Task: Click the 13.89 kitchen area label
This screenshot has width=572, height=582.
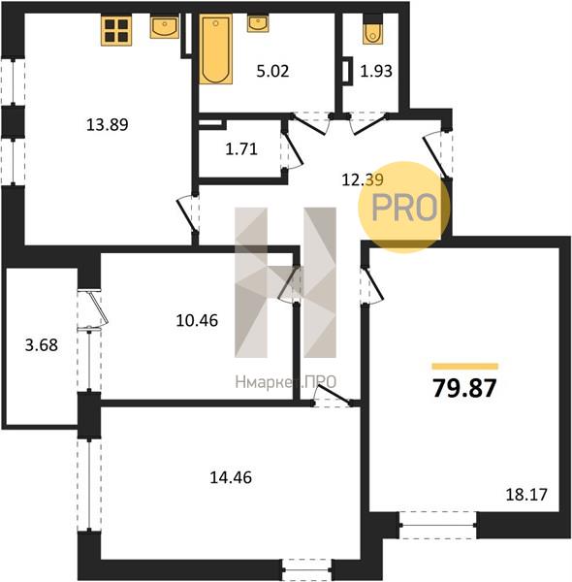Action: point(108,124)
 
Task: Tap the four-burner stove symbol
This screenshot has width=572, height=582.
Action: point(116,30)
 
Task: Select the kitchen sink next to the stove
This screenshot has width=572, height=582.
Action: point(165,26)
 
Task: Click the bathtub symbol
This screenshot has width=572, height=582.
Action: point(216,49)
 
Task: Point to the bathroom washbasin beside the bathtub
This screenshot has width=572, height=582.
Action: point(258,23)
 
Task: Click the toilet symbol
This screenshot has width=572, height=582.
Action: point(372,33)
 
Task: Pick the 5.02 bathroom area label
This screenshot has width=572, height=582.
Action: point(272,71)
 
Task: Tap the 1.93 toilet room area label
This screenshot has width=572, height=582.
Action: point(376,71)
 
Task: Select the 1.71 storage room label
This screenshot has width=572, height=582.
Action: point(241,149)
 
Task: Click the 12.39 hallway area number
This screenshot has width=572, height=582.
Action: point(363,180)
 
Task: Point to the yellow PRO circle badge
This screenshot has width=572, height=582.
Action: point(404,208)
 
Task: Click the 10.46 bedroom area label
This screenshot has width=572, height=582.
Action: point(197,320)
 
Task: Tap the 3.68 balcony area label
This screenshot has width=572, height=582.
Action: point(42,344)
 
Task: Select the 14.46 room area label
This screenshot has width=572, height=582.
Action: point(231,477)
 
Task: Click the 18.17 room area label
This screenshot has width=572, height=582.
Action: point(526,495)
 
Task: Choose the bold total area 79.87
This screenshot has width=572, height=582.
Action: point(464,388)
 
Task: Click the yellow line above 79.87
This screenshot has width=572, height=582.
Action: point(464,367)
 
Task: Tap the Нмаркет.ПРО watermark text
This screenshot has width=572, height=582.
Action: point(286,382)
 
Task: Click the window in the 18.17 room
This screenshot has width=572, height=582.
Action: point(438,525)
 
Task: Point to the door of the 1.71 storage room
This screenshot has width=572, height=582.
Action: point(292,148)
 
